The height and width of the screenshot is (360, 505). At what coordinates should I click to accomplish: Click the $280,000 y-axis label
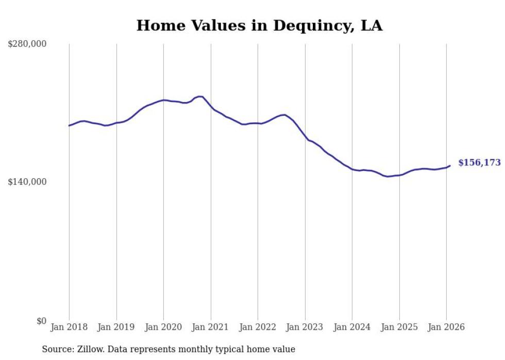(x=27, y=44)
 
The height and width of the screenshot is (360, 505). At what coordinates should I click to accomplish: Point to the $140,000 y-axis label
(x=27, y=182)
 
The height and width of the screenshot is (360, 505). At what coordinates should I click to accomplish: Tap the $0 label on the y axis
(x=41, y=321)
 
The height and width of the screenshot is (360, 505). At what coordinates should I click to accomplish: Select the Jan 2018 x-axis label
(x=69, y=327)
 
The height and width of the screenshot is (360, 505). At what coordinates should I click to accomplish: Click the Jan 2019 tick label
(x=116, y=327)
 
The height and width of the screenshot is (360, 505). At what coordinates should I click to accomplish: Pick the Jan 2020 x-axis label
(x=163, y=327)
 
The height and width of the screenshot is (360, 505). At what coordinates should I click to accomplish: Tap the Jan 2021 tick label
(x=210, y=327)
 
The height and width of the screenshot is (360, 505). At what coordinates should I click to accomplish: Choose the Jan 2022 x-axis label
(x=258, y=327)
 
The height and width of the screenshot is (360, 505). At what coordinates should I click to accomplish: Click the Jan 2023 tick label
(x=305, y=327)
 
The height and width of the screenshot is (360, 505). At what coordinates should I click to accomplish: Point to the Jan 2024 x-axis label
(x=352, y=327)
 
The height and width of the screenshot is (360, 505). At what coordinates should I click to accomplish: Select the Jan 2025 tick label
(x=399, y=327)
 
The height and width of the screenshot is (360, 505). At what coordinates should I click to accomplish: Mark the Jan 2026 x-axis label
(x=446, y=327)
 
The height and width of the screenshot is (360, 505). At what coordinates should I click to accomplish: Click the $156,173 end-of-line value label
(x=479, y=163)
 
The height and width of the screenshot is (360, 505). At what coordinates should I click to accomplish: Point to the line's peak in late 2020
(x=200, y=96)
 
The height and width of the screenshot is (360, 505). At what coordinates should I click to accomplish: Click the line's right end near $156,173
(x=450, y=165)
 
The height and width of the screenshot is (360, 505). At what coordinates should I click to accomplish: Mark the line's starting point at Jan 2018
(x=69, y=125)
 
